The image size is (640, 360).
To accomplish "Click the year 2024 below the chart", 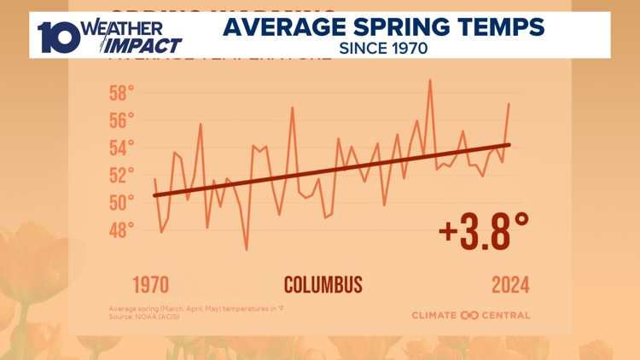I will tap(510, 285).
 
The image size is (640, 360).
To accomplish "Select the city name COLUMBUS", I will tap(323, 285).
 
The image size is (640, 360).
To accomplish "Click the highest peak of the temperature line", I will tap(430, 80).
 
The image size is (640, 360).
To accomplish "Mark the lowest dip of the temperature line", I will tap(247, 249).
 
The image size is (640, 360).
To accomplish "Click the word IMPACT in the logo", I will tap(143, 45).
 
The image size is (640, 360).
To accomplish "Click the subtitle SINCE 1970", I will tap(383, 49).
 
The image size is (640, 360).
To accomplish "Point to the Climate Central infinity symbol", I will tap(470, 316).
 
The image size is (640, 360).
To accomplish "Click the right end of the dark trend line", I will tap(509, 145).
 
